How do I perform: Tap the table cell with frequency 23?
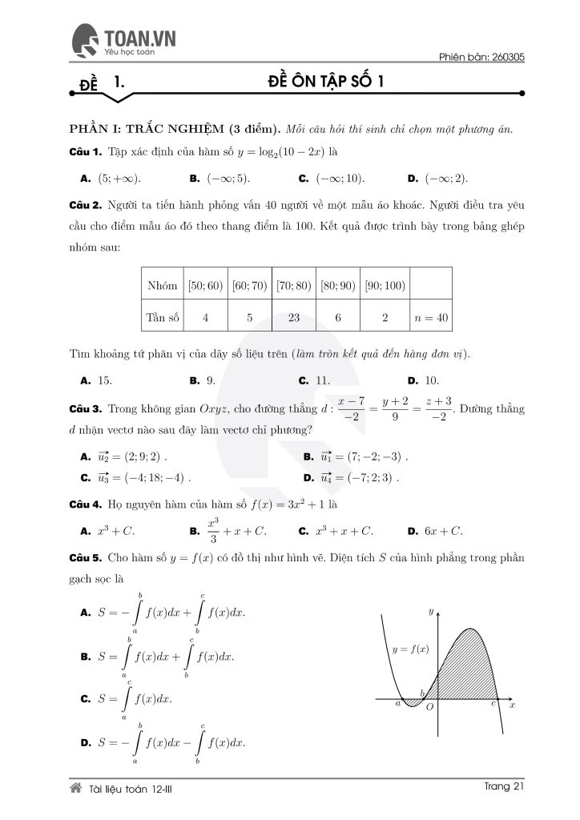click(294, 317)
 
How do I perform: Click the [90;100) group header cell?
click(385, 286)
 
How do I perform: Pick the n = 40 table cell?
click(430, 317)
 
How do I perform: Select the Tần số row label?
click(162, 317)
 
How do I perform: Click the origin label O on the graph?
click(430, 707)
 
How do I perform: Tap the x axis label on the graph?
click(511, 705)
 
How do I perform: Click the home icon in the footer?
click(77, 789)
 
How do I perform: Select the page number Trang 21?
click(504, 787)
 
